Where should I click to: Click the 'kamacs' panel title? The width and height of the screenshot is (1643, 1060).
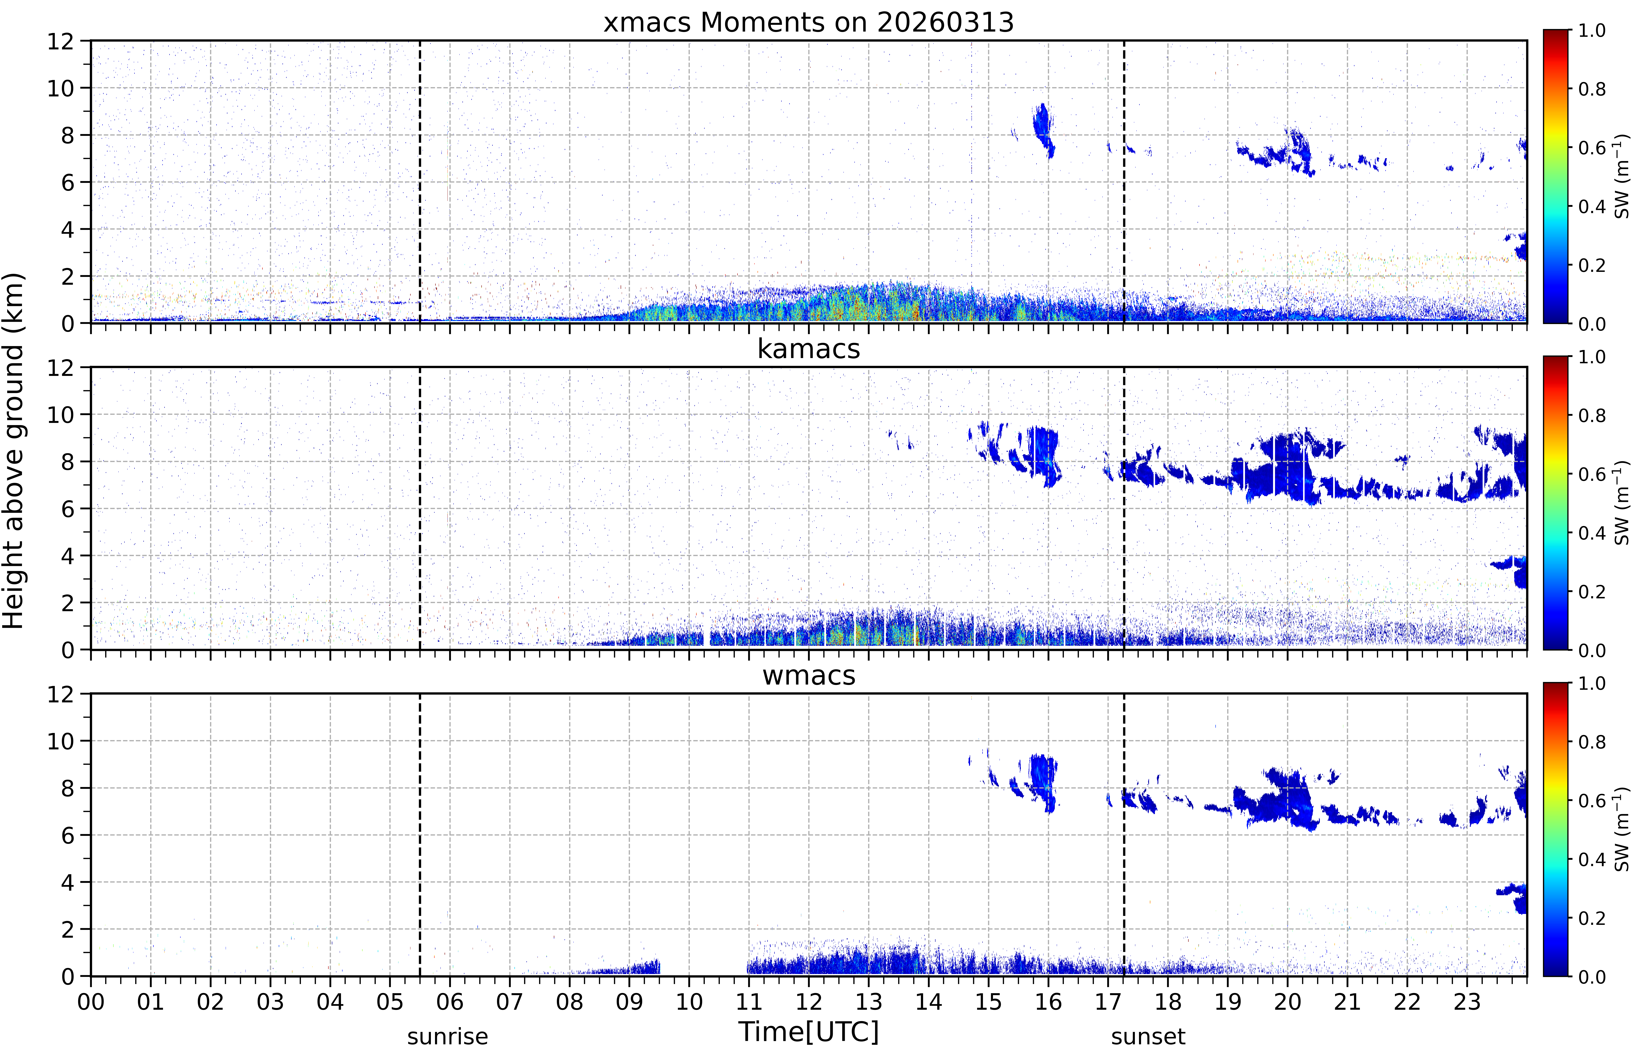pos(808,349)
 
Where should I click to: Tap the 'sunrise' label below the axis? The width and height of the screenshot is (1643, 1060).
pos(447,1036)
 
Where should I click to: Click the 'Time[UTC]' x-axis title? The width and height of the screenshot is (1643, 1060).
pos(808,1033)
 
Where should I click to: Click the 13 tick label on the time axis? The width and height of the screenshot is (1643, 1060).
pos(869,1002)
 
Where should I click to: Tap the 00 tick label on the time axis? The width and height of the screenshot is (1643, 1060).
pos(91,1002)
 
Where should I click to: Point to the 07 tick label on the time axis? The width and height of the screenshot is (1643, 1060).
pos(510,1002)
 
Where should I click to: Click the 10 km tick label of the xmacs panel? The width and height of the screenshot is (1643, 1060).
pos(60,88)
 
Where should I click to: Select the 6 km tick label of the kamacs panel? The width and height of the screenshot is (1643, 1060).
pos(67,509)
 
